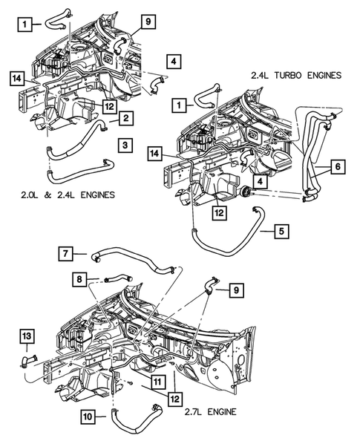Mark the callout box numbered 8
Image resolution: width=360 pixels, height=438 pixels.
(79, 280)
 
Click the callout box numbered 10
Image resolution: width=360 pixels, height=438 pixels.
(88, 416)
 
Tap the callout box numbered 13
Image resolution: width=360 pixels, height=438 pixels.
(27, 339)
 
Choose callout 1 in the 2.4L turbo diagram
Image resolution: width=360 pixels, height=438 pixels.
(178, 105)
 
